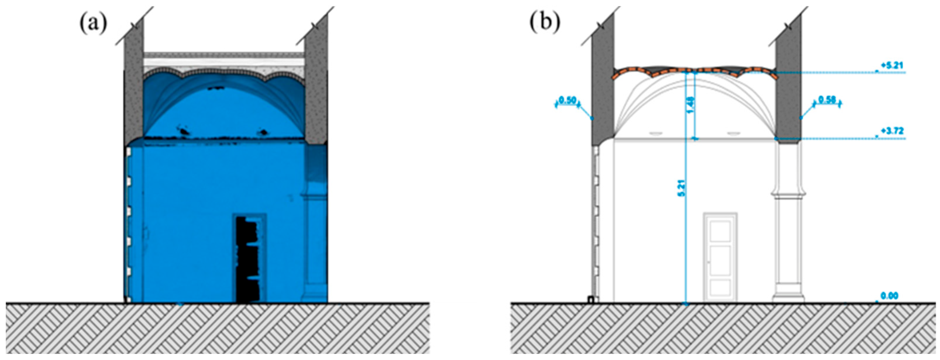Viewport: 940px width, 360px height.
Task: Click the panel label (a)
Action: click(x=93, y=24)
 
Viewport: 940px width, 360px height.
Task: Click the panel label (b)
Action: click(x=545, y=24)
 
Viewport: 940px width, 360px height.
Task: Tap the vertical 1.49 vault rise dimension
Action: click(x=691, y=105)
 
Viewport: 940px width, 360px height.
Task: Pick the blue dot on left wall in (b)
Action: click(x=592, y=119)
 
